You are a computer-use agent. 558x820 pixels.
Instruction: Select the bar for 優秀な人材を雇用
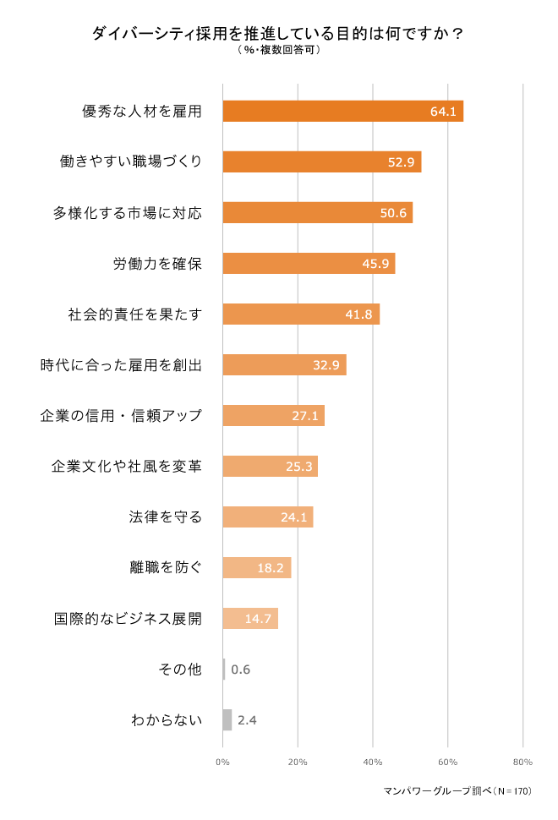(x=342, y=112)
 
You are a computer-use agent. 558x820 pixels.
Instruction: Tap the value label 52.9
(x=400, y=162)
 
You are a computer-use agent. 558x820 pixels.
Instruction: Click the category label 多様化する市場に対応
(x=128, y=212)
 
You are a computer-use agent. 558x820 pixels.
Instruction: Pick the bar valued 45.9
(x=308, y=263)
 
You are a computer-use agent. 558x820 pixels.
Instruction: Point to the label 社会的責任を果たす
(x=135, y=314)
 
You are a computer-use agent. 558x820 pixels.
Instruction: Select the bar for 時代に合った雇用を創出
(x=284, y=365)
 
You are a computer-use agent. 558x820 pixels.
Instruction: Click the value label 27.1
(x=305, y=416)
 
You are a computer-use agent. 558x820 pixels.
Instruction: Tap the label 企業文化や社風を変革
(x=128, y=466)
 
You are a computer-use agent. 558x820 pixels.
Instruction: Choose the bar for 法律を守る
(x=267, y=517)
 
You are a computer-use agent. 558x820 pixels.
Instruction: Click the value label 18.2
(x=270, y=568)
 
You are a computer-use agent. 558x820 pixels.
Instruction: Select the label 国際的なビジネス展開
(x=128, y=618)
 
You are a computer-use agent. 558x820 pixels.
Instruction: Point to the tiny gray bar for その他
(x=224, y=670)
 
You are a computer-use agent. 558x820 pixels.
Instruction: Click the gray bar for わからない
(x=227, y=720)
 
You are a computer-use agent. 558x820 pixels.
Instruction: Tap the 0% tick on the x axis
(x=222, y=763)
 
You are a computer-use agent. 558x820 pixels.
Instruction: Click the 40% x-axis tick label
(x=373, y=763)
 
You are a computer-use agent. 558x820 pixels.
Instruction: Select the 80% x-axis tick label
(x=522, y=763)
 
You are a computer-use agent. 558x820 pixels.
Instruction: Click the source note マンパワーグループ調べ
(x=457, y=792)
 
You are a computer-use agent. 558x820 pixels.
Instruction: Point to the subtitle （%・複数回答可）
(x=278, y=50)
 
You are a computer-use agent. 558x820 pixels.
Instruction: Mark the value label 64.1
(x=443, y=112)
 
